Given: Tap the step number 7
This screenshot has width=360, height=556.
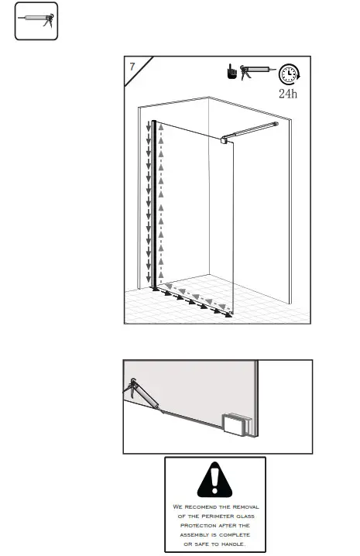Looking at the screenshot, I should pos(133,67).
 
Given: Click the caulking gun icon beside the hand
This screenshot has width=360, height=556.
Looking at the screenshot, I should pos(256,71).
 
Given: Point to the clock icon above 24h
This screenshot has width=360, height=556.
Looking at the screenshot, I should pos(288,74).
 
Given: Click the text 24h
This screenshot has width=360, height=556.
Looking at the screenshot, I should pos(288,94).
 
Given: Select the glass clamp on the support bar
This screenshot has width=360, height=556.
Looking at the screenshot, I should pos(225,138).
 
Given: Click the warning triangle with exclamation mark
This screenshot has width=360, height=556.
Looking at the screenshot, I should pos(214,482).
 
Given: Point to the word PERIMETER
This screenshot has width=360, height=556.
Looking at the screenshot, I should pos(210,516).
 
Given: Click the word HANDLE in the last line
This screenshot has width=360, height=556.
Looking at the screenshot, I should pos(235,544).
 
